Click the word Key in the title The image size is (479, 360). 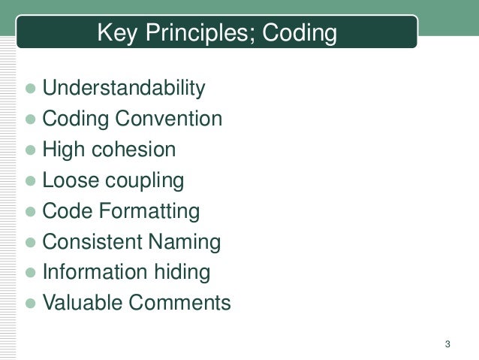coord(116,34)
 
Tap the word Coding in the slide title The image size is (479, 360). coord(299,34)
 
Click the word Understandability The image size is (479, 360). coord(123,89)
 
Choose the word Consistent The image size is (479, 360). coord(89,242)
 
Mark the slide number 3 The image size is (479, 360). coord(447,345)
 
